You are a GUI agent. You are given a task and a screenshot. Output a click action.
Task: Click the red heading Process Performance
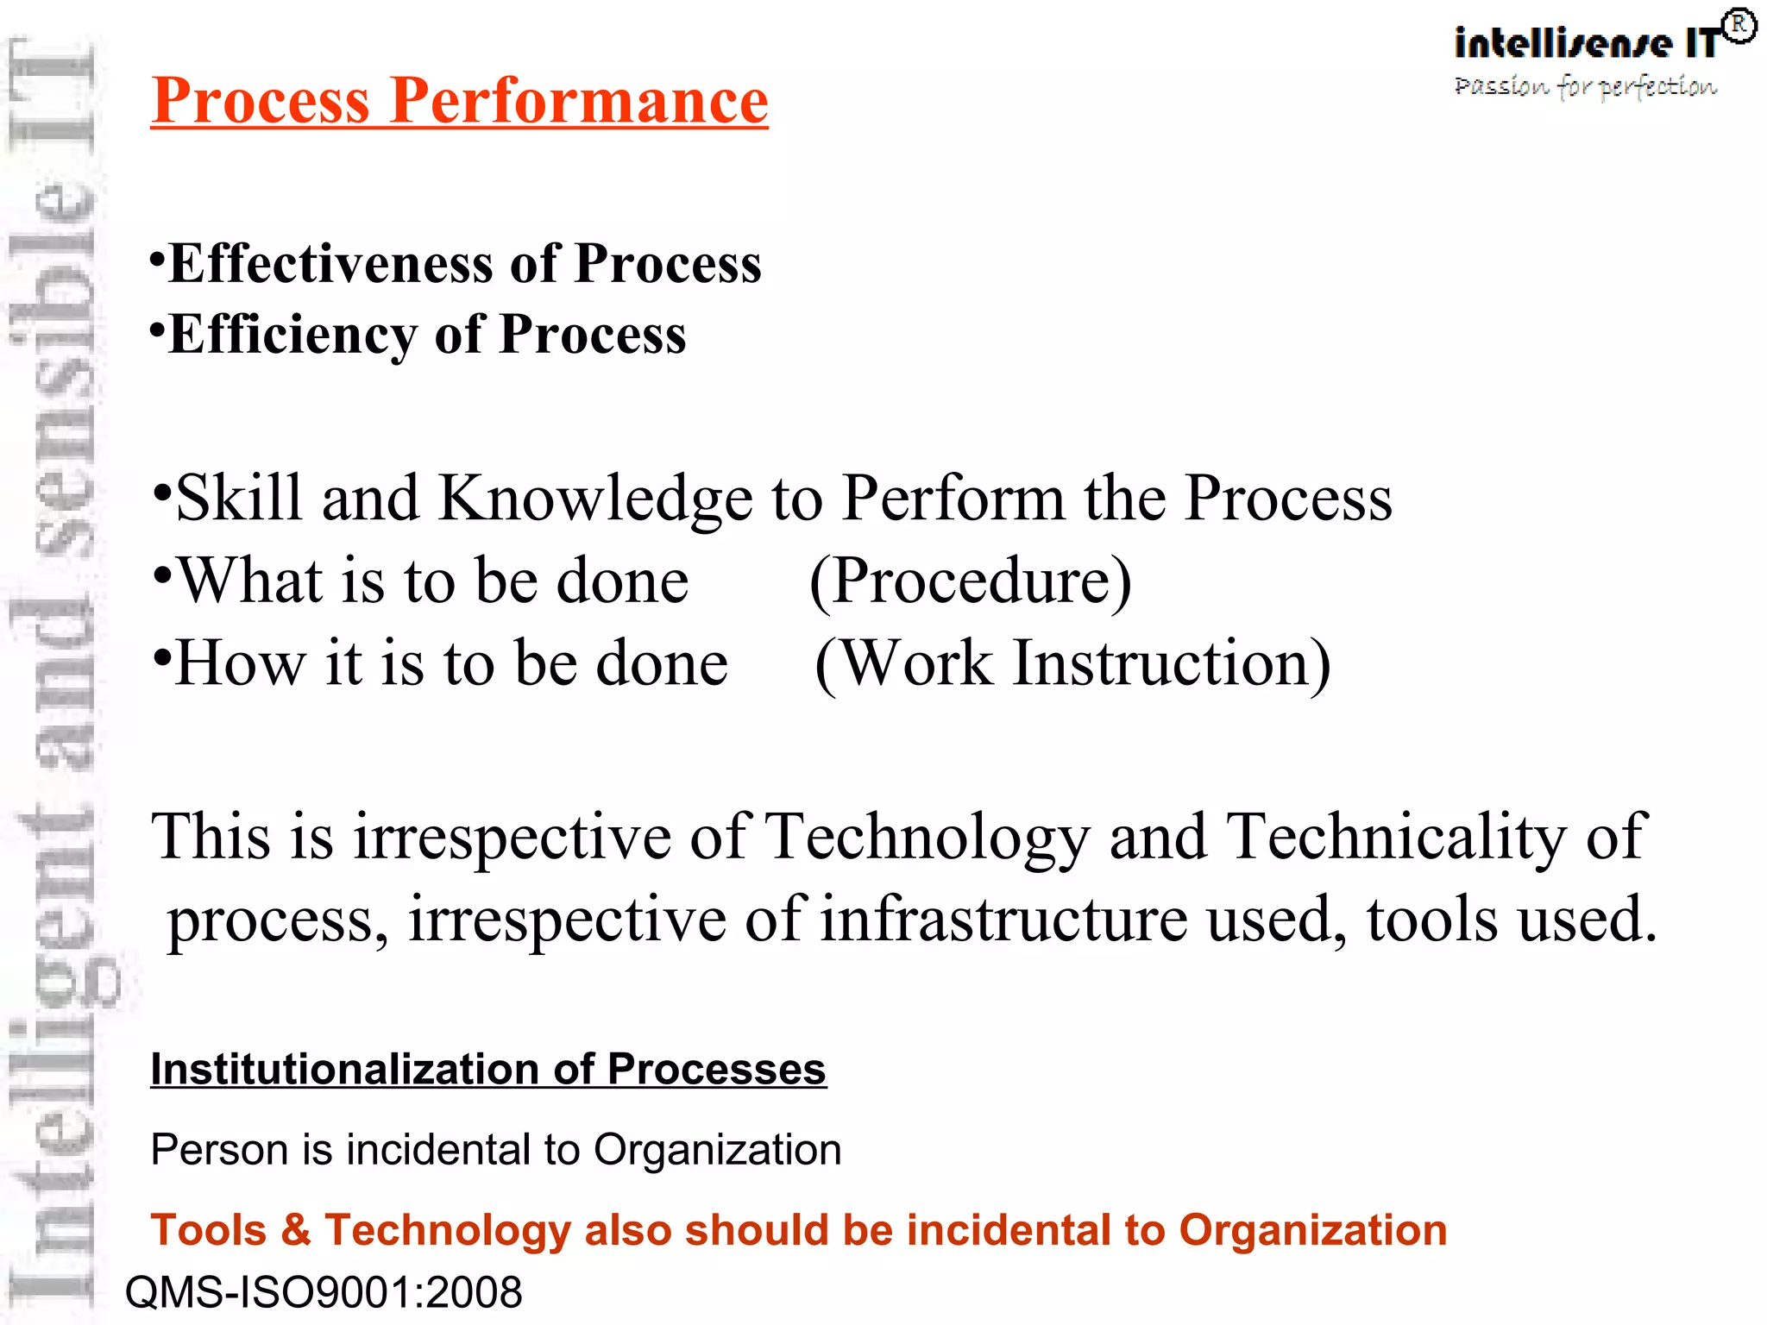point(459,101)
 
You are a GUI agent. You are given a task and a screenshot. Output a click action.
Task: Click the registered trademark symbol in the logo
point(1739,26)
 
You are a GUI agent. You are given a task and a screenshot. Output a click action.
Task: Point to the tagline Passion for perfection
point(1586,86)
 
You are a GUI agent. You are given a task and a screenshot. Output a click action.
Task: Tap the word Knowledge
point(595,499)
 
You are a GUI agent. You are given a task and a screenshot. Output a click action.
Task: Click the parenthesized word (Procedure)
point(970,581)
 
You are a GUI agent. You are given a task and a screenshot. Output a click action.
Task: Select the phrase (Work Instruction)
point(1072,663)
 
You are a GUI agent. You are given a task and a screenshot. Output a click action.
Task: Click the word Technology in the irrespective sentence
point(927,837)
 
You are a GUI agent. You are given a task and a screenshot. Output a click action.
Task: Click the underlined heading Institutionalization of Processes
point(488,1070)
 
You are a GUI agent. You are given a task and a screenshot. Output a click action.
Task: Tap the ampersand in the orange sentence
point(295,1229)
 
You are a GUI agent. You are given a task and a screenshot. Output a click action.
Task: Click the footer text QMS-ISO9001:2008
point(324,1292)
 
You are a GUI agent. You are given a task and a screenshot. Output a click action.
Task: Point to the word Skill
point(239,499)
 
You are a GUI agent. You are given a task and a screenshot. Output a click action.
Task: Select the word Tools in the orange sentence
point(209,1229)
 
